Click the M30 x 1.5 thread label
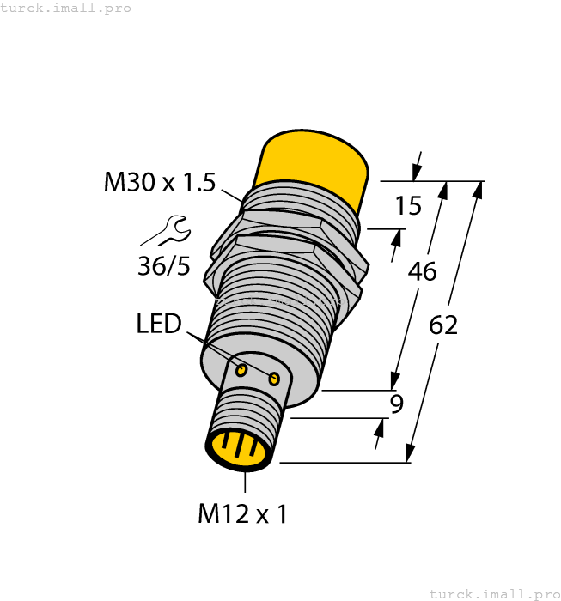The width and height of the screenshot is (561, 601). pyautogui.click(x=159, y=182)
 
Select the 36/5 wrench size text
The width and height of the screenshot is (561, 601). pyautogui.click(x=164, y=266)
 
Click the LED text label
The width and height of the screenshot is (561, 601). pyautogui.click(x=159, y=324)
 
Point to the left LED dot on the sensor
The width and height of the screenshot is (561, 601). pyautogui.click(x=242, y=370)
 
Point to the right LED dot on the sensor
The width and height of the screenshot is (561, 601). pyautogui.click(x=274, y=379)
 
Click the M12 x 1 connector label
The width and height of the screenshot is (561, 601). pyautogui.click(x=242, y=513)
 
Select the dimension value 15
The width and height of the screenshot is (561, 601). pyautogui.click(x=408, y=206)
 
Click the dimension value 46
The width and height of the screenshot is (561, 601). pyautogui.click(x=422, y=271)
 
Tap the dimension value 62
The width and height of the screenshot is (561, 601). pyautogui.click(x=442, y=325)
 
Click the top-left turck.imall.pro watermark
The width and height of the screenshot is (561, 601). pyautogui.click(x=66, y=8)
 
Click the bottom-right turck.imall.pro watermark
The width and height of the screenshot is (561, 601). pyautogui.click(x=494, y=593)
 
